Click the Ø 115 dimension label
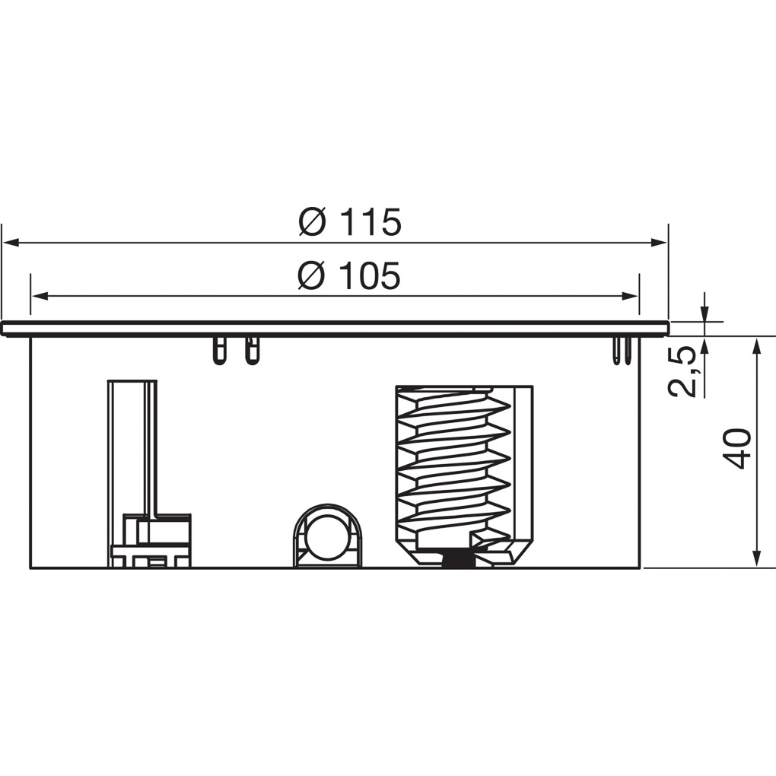click(x=350, y=222)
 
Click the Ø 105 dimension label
click(x=349, y=275)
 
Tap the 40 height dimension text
click(x=736, y=448)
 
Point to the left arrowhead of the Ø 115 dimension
click(x=11, y=243)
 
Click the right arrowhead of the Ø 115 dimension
click(x=659, y=243)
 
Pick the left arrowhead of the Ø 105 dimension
click(x=40, y=296)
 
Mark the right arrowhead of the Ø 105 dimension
click(x=629, y=296)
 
